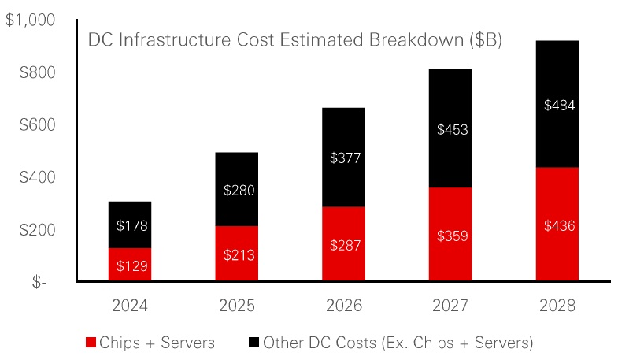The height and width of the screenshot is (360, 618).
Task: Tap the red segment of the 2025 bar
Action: [x=236, y=254]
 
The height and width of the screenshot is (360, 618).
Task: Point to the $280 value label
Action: [x=236, y=191]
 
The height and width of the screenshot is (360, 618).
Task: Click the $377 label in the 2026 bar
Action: [x=343, y=158]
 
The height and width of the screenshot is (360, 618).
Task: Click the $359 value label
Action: [x=450, y=235]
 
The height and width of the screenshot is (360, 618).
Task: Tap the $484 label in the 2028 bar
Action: [x=557, y=105]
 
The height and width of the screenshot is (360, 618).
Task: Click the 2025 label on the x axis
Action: [x=236, y=305]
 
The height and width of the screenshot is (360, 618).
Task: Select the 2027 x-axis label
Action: [x=450, y=305]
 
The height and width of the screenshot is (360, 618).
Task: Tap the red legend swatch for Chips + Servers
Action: [x=91, y=342]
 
